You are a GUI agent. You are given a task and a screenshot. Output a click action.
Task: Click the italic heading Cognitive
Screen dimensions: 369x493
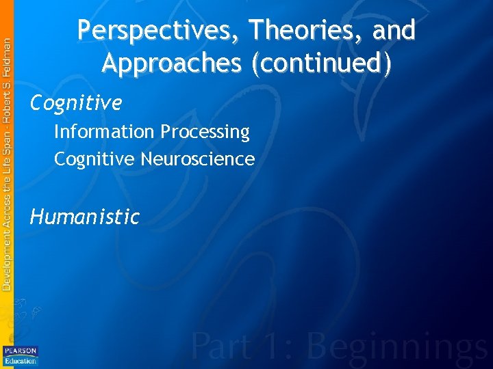click(76, 103)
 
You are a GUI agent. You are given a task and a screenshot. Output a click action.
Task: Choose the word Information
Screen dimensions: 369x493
click(104, 131)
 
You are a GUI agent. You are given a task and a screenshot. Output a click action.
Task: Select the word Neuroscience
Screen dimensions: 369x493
click(198, 159)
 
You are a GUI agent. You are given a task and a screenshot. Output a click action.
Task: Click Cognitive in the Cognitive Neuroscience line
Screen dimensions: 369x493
click(95, 159)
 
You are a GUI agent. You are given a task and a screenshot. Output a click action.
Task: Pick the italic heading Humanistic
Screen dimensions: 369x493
click(85, 217)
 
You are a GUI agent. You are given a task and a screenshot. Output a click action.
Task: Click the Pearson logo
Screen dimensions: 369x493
click(21, 351)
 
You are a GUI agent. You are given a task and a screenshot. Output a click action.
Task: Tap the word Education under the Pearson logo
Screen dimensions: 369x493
click(21, 361)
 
